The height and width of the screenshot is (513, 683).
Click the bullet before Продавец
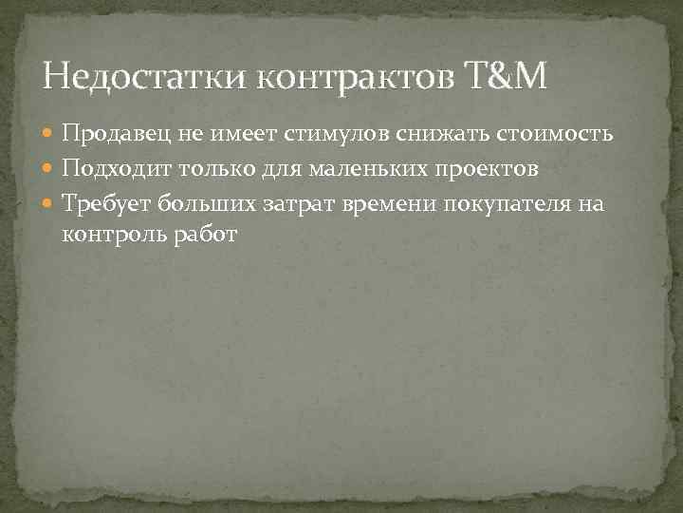pyautogui.click(x=51, y=136)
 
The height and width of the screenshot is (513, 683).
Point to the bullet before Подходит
pyautogui.click(x=51, y=169)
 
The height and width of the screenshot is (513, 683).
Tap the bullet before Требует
pyautogui.click(x=51, y=202)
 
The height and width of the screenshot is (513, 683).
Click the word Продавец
pyautogui.click(x=113, y=136)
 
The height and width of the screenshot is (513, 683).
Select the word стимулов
pyautogui.click(x=325, y=136)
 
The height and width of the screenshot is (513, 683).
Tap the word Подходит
pyautogui.click(x=113, y=169)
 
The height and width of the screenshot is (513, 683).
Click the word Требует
pyautogui.click(x=105, y=202)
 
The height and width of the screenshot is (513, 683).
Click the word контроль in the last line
pyautogui.click(x=111, y=234)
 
